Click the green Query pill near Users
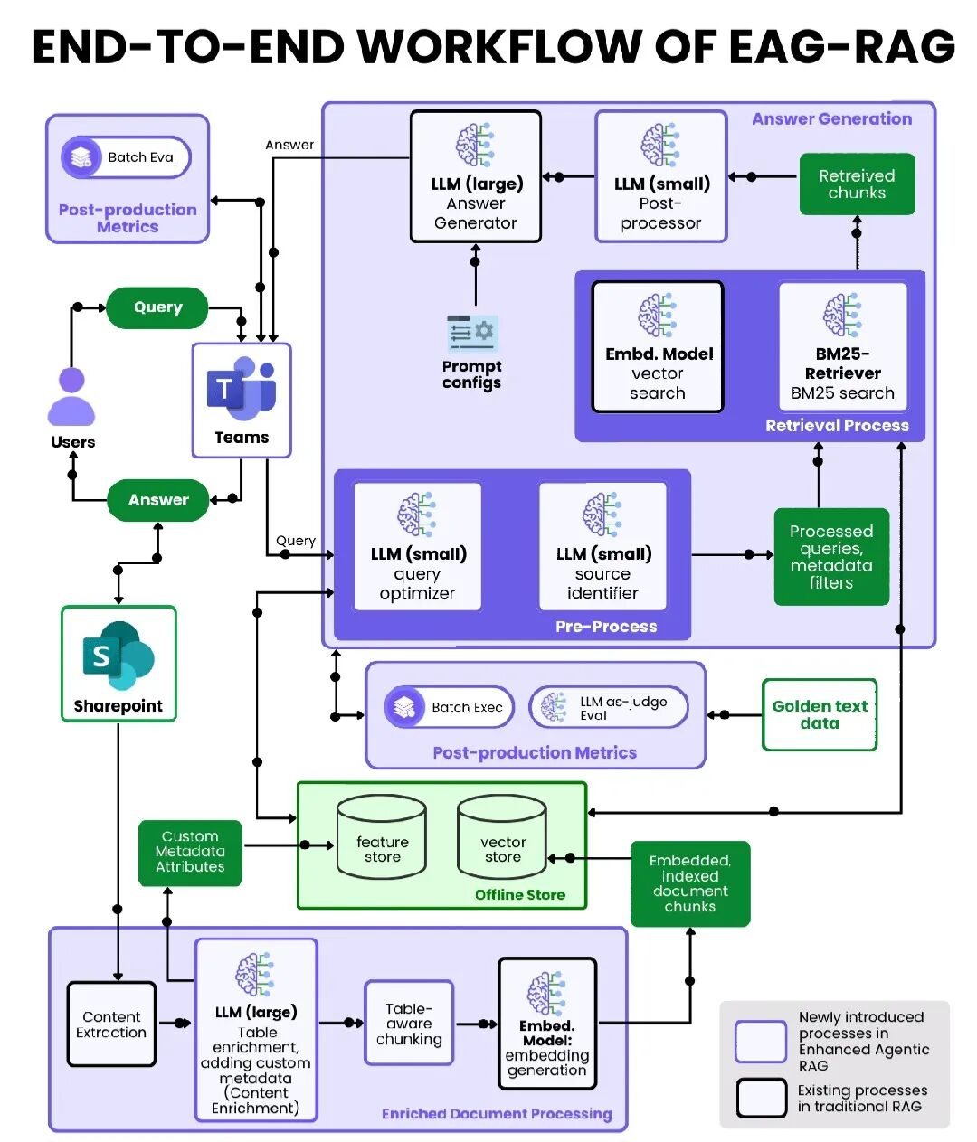tap(157, 308)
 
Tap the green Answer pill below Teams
tap(158, 500)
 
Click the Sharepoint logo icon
tap(119, 655)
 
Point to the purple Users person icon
tap(71, 397)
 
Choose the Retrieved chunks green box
tap(857, 184)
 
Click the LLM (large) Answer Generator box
tap(476, 177)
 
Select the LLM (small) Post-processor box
tap(661, 177)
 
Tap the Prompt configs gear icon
tap(472, 334)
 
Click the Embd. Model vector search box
tap(658, 347)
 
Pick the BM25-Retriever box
tap(843, 347)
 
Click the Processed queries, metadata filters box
tap(831, 557)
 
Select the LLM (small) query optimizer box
tap(417, 547)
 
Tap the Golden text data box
tap(820, 715)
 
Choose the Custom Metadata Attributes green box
tap(190, 853)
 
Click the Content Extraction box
tap(111, 1024)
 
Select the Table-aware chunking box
tap(409, 1024)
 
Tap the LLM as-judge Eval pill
tap(609, 708)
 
